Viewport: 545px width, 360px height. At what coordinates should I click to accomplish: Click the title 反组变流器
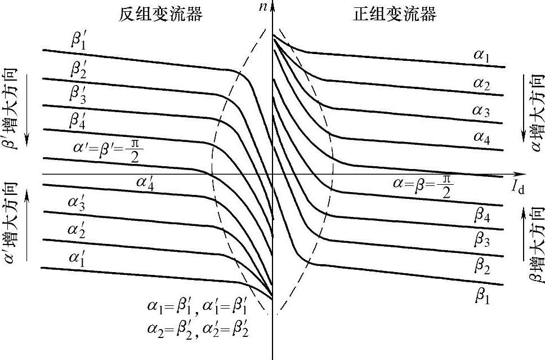[160, 14]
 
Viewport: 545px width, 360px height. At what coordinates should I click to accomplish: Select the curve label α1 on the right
[481, 56]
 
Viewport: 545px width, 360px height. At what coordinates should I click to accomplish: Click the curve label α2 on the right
[481, 85]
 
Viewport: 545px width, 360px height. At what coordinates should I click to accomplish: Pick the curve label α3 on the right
[481, 112]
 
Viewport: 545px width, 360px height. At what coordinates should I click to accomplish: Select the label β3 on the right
[482, 242]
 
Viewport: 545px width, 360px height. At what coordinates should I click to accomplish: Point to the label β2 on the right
[482, 267]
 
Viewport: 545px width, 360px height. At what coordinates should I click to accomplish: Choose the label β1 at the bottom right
[482, 296]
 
